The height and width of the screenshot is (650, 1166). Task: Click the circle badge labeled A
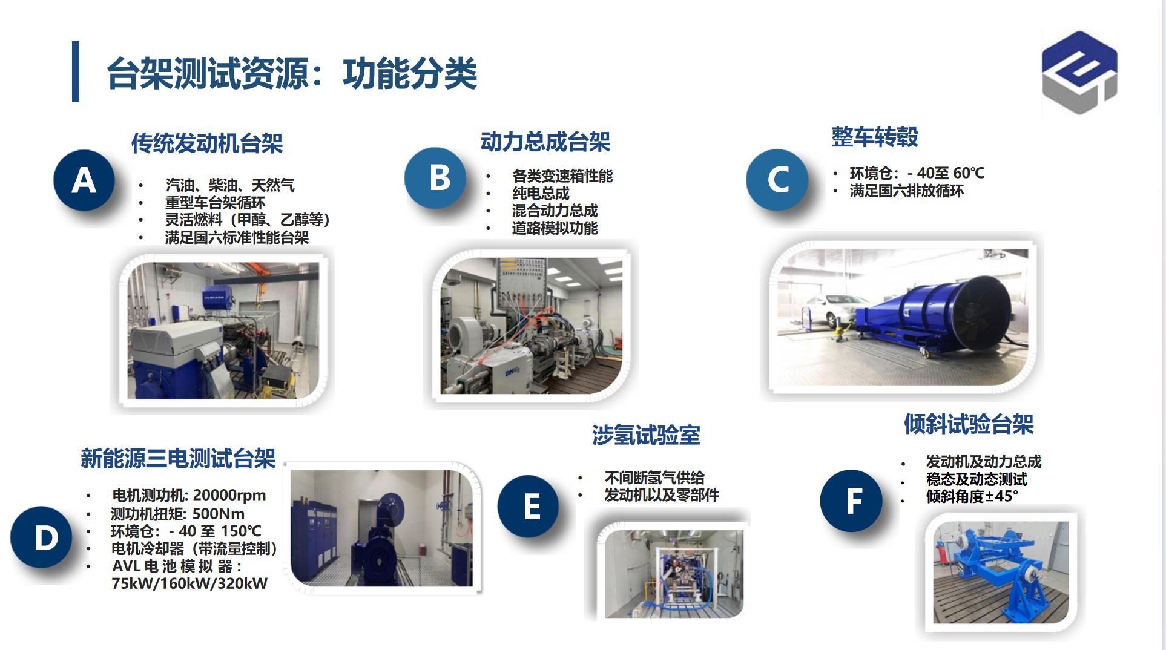point(84,180)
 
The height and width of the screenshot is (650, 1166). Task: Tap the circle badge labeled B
point(435,178)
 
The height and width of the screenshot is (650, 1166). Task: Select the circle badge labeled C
point(777,180)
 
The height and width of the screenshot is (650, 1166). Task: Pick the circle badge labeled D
point(42,537)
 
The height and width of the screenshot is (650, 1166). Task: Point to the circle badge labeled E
point(529,506)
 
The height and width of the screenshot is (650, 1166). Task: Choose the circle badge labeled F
point(852,501)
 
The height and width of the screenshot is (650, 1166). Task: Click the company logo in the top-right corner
point(1079,72)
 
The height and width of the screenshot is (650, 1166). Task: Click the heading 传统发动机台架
point(207,143)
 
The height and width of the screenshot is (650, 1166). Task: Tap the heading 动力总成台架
point(545,142)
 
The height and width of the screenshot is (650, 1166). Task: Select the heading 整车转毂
point(875,137)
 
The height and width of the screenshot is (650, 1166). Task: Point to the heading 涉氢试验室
point(646,435)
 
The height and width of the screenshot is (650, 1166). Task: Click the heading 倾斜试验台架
point(969,424)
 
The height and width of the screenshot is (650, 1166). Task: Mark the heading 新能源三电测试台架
point(178,459)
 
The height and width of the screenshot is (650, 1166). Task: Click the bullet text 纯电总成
point(541,194)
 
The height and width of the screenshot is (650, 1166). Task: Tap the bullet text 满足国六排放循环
point(906,191)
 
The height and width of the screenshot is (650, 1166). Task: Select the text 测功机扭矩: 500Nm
point(177,514)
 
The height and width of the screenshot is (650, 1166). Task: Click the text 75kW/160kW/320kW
point(189,583)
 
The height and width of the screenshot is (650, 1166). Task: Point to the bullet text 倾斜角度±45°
point(972,496)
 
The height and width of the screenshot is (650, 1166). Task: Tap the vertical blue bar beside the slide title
point(76,71)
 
